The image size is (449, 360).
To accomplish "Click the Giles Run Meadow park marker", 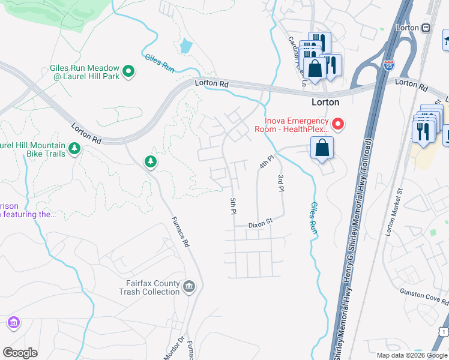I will pos(128,72).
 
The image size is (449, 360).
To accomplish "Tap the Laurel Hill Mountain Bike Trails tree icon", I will pos(74,148).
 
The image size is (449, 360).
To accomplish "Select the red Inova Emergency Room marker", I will pos(339,124).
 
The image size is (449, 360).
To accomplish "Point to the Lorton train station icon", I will pos(426,28).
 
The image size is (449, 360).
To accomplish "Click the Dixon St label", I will pos(261,223).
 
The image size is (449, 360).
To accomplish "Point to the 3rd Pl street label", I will pos(280,183).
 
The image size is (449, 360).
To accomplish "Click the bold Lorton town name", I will pos(325,102).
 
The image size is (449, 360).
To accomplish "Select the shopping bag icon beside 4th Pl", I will pos(322,148).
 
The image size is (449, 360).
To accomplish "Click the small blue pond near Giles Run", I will pos(185,46).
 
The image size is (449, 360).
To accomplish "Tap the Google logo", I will pos(20,353).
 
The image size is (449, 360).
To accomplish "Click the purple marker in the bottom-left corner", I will pos(13,323).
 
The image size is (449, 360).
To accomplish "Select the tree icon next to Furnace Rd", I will pos(150,161).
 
